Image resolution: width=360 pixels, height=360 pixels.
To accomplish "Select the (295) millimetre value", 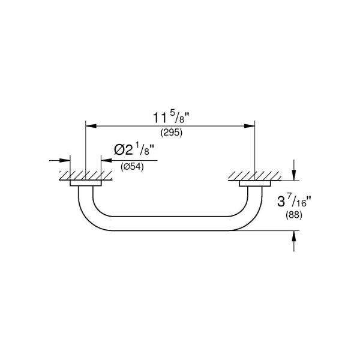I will [170, 132].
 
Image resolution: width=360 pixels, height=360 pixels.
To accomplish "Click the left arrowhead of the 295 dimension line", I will [89, 125].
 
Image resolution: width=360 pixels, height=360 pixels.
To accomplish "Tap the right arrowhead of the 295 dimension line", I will [251, 125].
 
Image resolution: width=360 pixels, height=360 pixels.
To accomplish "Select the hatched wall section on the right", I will [254, 176].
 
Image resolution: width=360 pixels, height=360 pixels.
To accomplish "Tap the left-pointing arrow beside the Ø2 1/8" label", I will [104, 161].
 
